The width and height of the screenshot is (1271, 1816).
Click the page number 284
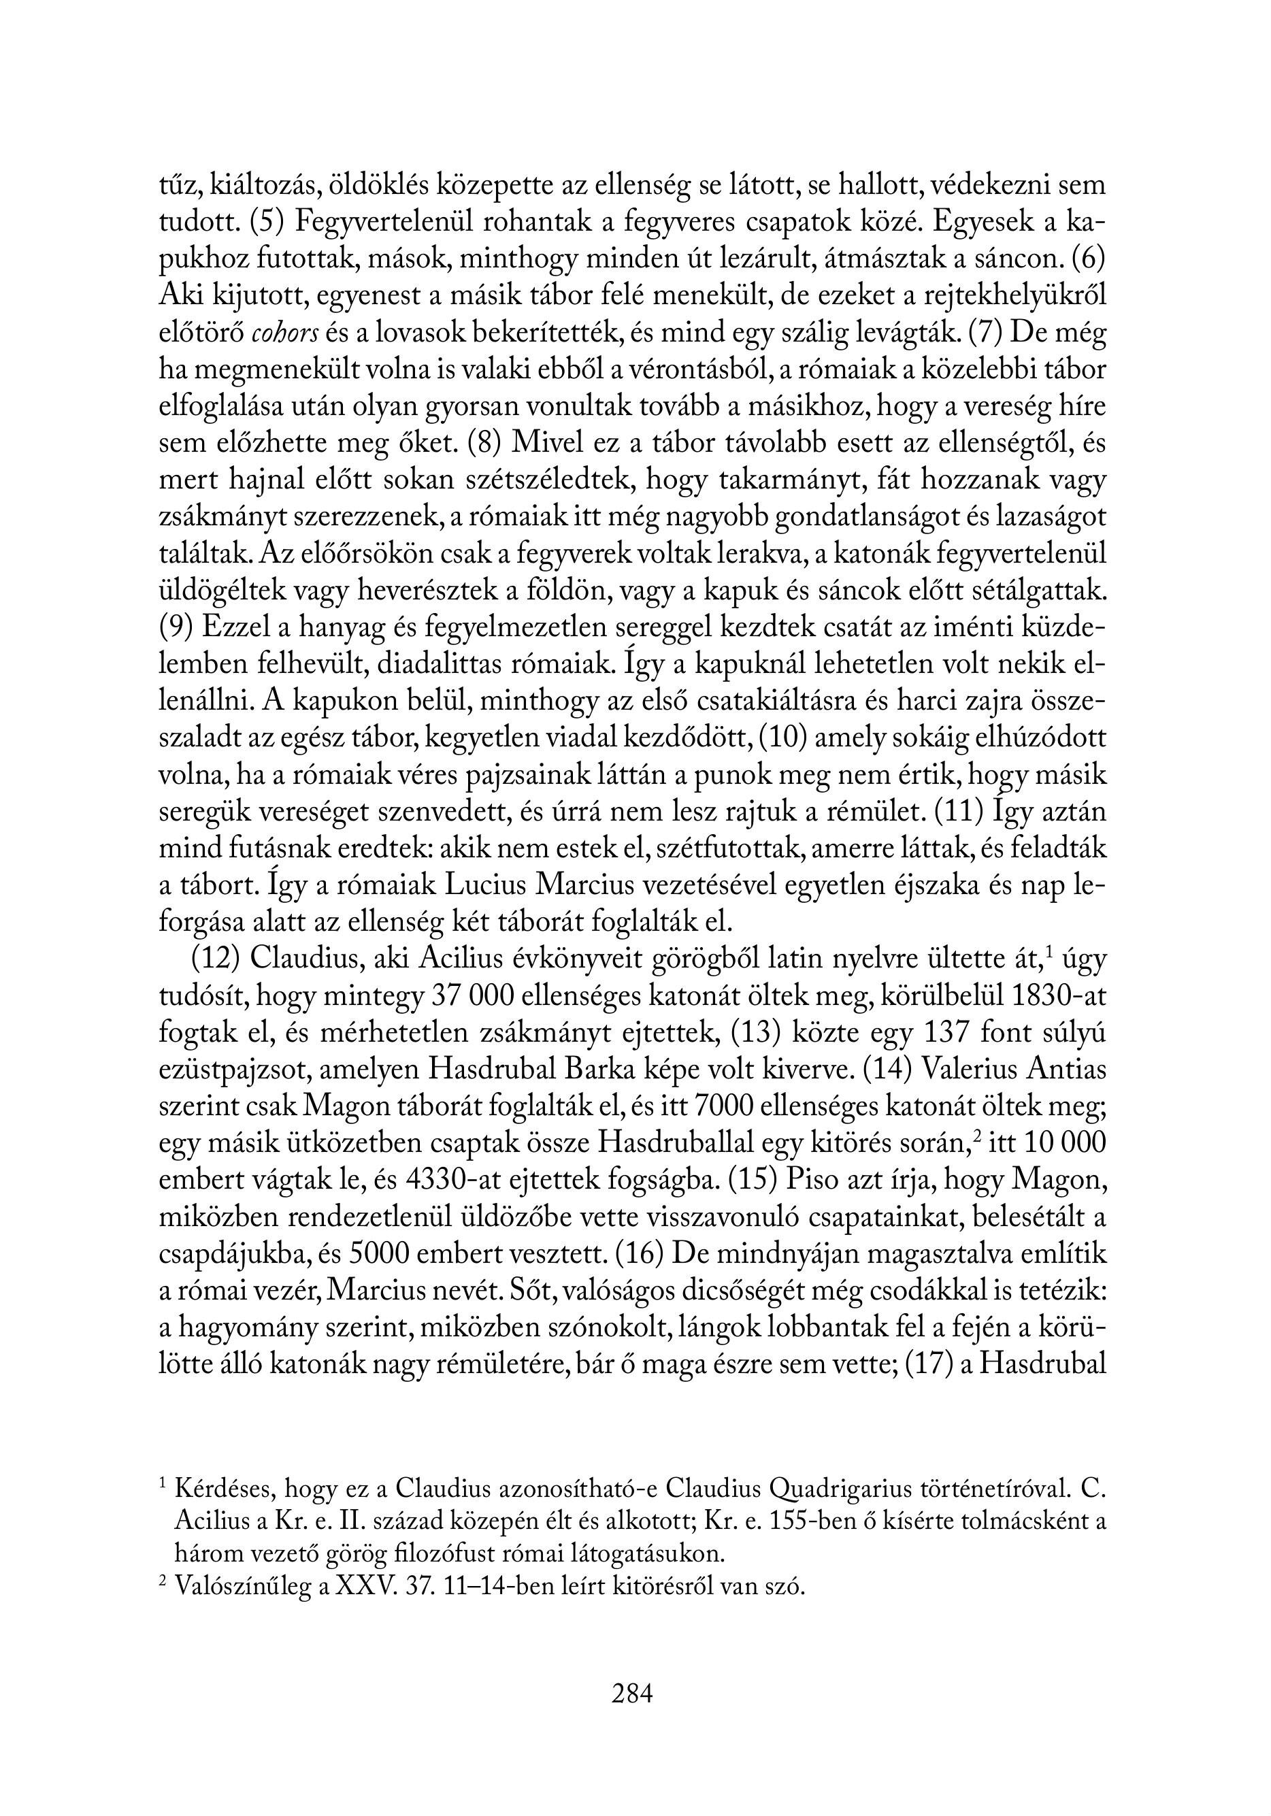(x=632, y=1694)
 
